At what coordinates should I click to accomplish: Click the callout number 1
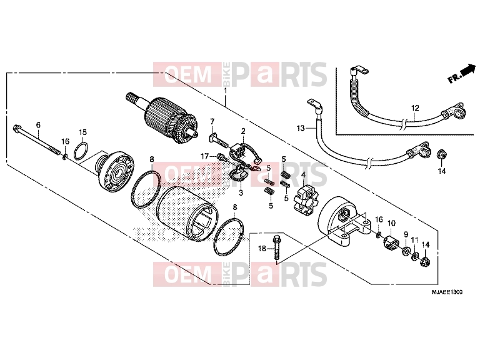[x=226, y=91]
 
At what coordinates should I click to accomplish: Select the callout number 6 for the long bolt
[x=38, y=125]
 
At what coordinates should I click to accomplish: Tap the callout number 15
[x=83, y=132]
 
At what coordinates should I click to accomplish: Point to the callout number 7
[x=212, y=121]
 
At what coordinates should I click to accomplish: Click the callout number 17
[x=205, y=157]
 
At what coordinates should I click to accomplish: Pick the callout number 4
[x=303, y=175]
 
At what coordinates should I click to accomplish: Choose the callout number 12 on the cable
[x=415, y=108]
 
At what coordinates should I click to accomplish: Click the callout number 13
[x=301, y=128]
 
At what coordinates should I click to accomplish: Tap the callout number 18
[x=262, y=249]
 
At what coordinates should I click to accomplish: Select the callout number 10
[x=391, y=223]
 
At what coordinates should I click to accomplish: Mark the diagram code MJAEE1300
[x=447, y=292]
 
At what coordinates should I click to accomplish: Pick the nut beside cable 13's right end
[x=442, y=154]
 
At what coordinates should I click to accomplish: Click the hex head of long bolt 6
[x=16, y=128]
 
